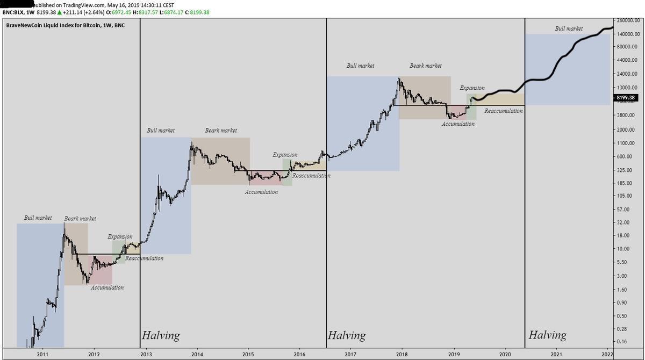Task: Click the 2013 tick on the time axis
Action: click(x=146, y=354)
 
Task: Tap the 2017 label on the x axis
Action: click(x=350, y=354)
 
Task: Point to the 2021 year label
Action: click(x=556, y=354)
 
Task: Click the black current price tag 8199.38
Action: click(x=626, y=97)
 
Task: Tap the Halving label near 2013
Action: click(x=160, y=336)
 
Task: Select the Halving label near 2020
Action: click(x=547, y=335)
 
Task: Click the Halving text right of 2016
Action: click(x=346, y=336)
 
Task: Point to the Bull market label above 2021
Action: click(x=569, y=28)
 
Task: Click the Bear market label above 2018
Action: click(x=425, y=66)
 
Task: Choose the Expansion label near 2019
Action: click(x=472, y=88)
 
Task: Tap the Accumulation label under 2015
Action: click(x=261, y=192)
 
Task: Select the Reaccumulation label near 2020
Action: click(x=503, y=111)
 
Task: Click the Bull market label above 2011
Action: click(x=38, y=218)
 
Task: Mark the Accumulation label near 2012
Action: click(x=106, y=287)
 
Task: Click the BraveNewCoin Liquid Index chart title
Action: click(x=64, y=25)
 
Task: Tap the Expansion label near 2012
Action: click(x=119, y=236)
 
